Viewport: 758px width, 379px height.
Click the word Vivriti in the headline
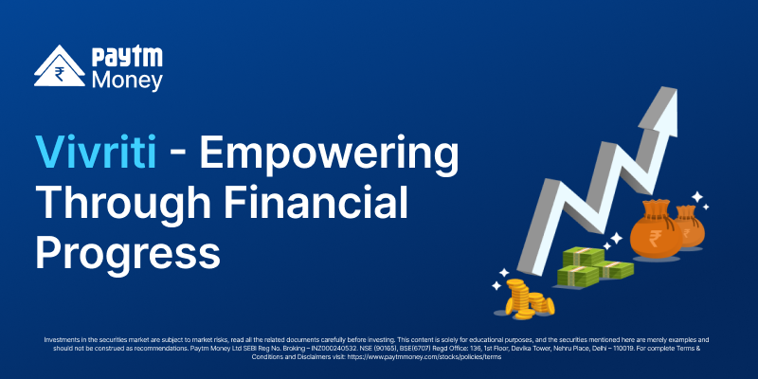(x=96, y=153)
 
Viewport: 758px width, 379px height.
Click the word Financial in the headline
(x=316, y=204)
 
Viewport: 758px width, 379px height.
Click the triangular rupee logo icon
(x=59, y=66)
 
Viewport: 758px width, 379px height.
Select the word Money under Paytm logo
(x=127, y=81)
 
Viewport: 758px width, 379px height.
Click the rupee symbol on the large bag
(x=656, y=239)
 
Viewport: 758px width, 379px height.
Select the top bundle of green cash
(x=583, y=256)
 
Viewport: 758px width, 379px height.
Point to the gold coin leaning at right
(x=550, y=306)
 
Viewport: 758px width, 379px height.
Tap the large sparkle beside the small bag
(x=696, y=197)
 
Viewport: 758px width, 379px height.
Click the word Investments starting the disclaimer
(x=59, y=340)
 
